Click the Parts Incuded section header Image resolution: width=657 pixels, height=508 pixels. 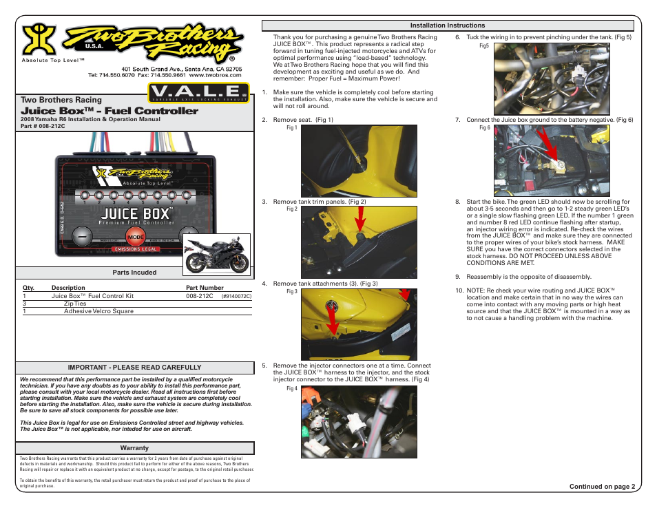[134, 273]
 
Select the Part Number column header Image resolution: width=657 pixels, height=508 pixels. [205, 288]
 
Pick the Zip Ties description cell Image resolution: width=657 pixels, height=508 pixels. [75, 303]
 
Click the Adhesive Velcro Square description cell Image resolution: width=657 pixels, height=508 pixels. [98, 311]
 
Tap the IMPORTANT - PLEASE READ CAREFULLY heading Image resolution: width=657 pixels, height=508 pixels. [134, 368]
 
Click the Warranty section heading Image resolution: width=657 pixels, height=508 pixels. [134, 448]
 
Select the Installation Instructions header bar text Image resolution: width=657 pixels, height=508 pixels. [448, 25]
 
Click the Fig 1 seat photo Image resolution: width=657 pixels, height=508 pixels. [359, 161]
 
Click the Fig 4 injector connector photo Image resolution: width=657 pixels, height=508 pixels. [359, 421]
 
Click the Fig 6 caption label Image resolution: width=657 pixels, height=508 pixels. [484, 127]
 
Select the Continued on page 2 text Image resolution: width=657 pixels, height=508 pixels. [598, 487]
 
